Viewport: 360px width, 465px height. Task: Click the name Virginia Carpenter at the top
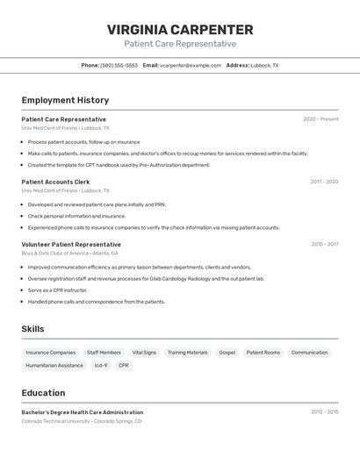[180, 30]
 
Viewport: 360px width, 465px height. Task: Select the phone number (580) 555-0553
[119, 65]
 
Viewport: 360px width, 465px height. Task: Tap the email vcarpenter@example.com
[191, 65]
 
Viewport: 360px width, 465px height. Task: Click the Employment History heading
[65, 100]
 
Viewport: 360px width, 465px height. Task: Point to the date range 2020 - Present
[320, 119]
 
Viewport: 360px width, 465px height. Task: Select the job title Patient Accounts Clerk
[55, 182]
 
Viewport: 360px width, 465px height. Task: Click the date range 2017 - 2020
[324, 182]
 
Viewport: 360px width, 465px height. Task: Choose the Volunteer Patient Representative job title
[71, 244]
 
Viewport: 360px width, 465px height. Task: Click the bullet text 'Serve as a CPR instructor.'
[57, 290]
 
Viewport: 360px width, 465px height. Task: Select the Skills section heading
[33, 329]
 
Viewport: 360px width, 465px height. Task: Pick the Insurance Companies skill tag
[51, 353]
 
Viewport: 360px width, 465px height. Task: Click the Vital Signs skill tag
[144, 353]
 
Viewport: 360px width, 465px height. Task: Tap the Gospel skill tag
[227, 353]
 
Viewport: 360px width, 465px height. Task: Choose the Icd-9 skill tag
[100, 365]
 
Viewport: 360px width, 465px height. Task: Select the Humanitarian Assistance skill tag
[54, 365]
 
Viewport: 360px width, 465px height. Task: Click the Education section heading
[44, 393]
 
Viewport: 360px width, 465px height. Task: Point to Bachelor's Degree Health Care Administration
[82, 412]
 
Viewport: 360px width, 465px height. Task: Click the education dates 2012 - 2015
[324, 411]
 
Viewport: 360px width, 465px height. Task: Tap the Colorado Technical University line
[81, 421]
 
